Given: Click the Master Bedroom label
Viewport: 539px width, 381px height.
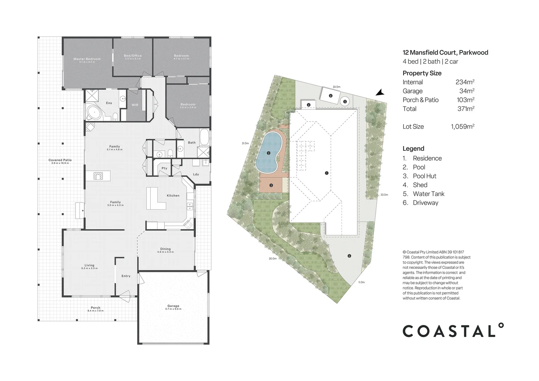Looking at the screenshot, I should [x=87, y=59].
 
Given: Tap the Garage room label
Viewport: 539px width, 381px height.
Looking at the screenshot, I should [x=173, y=306].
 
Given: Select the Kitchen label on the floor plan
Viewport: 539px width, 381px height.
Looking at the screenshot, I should [x=173, y=195].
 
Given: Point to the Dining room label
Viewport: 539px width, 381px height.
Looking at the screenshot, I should [x=165, y=249].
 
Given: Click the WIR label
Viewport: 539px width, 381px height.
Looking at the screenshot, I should [x=135, y=105].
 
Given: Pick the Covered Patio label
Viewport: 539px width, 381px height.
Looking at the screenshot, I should [x=60, y=160].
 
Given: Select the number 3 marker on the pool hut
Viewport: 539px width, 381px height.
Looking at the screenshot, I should [x=271, y=185].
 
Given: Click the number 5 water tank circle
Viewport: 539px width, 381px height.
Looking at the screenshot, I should [x=345, y=102].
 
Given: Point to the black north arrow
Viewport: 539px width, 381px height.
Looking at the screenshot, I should [x=380, y=92].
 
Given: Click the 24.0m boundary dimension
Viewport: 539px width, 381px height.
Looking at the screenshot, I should [x=336, y=87].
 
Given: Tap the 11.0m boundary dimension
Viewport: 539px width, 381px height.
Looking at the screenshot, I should [x=361, y=282].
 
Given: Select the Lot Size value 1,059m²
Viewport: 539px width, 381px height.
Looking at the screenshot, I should [x=462, y=126].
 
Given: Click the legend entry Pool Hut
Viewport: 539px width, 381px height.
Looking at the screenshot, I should [x=424, y=176].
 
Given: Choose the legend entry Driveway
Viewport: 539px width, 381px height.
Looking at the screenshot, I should [x=425, y=203].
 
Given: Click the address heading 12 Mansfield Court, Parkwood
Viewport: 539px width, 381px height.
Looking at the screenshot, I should [x=445, y=53].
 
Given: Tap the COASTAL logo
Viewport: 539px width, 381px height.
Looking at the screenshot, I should [x=453, y=331].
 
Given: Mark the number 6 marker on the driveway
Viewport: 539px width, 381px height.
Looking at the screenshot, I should [x=349, y=256].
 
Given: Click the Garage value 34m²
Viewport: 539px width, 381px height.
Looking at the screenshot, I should [x=466, y=91].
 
